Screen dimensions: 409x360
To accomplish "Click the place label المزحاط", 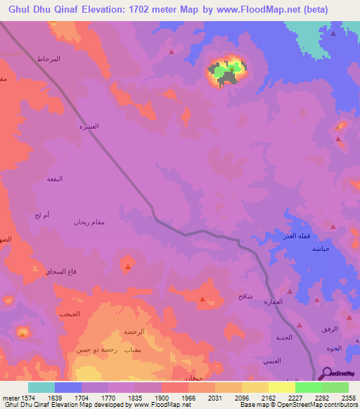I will click(x=49, y=59).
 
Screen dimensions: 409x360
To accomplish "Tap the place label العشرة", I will click(x=88, y=126).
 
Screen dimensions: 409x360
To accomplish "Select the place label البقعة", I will click(x=54, y=178).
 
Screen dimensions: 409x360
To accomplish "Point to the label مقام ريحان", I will click(x=89, y=223).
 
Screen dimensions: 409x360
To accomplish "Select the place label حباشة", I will click(x=321, y=249).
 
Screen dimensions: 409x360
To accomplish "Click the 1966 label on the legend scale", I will click(x=188, y=397).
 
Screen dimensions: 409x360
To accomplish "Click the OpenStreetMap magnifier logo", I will click(x=327, y=373).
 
